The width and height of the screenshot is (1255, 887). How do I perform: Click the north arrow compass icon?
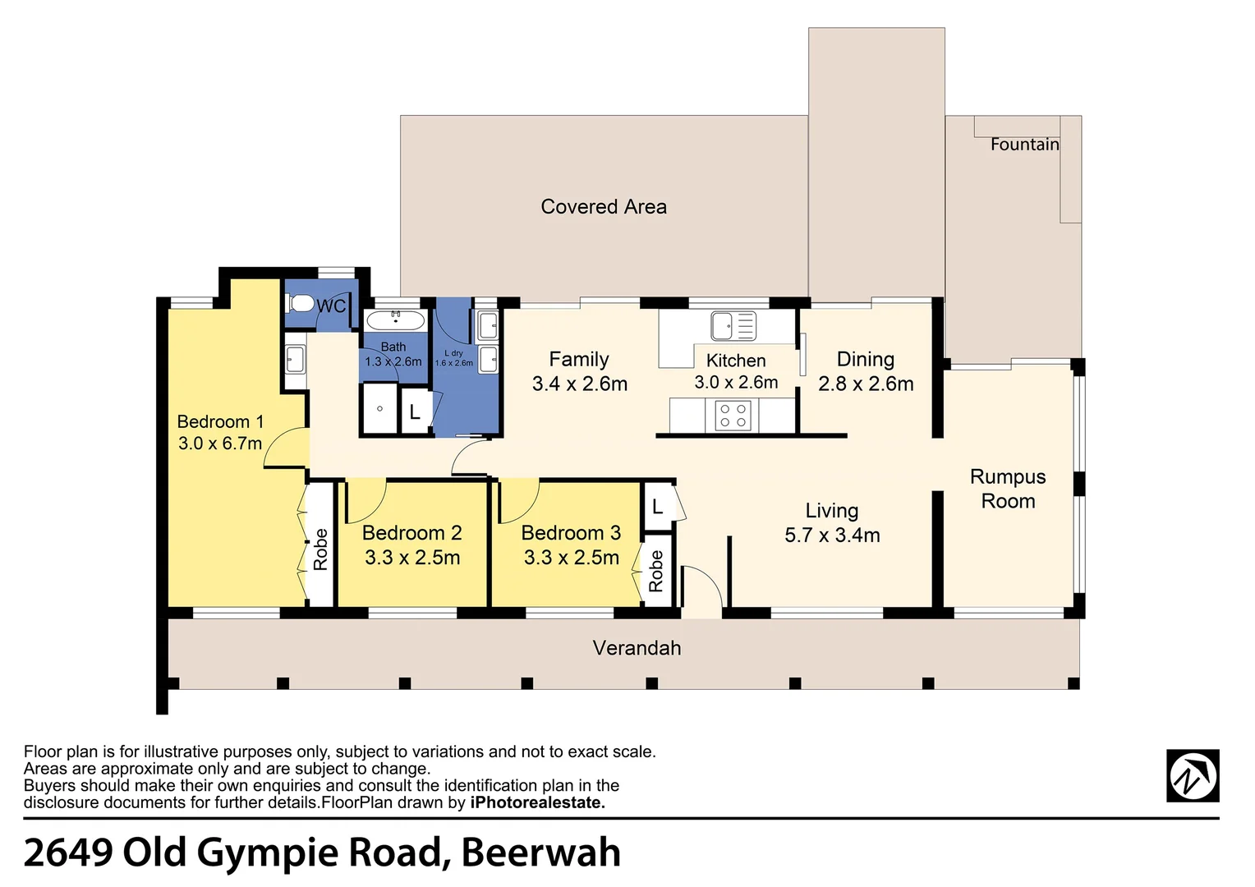coord(1192,775)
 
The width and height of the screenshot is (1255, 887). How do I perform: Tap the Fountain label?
coord(1024,145)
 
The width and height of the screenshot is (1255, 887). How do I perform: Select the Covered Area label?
coord(603,207)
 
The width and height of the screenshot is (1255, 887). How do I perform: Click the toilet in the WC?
coord(301,304)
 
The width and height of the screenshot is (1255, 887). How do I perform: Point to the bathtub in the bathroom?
coord(395,320)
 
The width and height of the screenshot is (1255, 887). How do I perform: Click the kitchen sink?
coord(733,326)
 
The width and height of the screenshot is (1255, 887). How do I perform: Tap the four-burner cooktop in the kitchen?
coord(733,416)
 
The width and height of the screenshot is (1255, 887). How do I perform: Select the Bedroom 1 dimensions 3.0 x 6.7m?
coord(220,443)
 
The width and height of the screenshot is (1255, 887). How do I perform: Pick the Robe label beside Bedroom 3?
coord(655,571)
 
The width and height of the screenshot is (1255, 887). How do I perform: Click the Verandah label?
coord(637,648)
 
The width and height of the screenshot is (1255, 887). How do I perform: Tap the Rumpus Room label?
coord(1008,489)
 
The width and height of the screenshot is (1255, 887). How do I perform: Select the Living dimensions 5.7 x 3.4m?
coord(832,535)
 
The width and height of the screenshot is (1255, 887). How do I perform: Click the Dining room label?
coord(865,359)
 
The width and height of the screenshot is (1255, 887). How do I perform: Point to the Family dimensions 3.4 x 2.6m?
coord(579,384)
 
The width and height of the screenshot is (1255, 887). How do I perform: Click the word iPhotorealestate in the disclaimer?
coord(537,802)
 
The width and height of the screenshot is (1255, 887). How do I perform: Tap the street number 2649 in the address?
coord(68,853)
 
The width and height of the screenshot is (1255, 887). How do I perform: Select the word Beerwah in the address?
coord(540,853)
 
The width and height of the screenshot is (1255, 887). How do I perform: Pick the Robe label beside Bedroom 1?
coord(320,549)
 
